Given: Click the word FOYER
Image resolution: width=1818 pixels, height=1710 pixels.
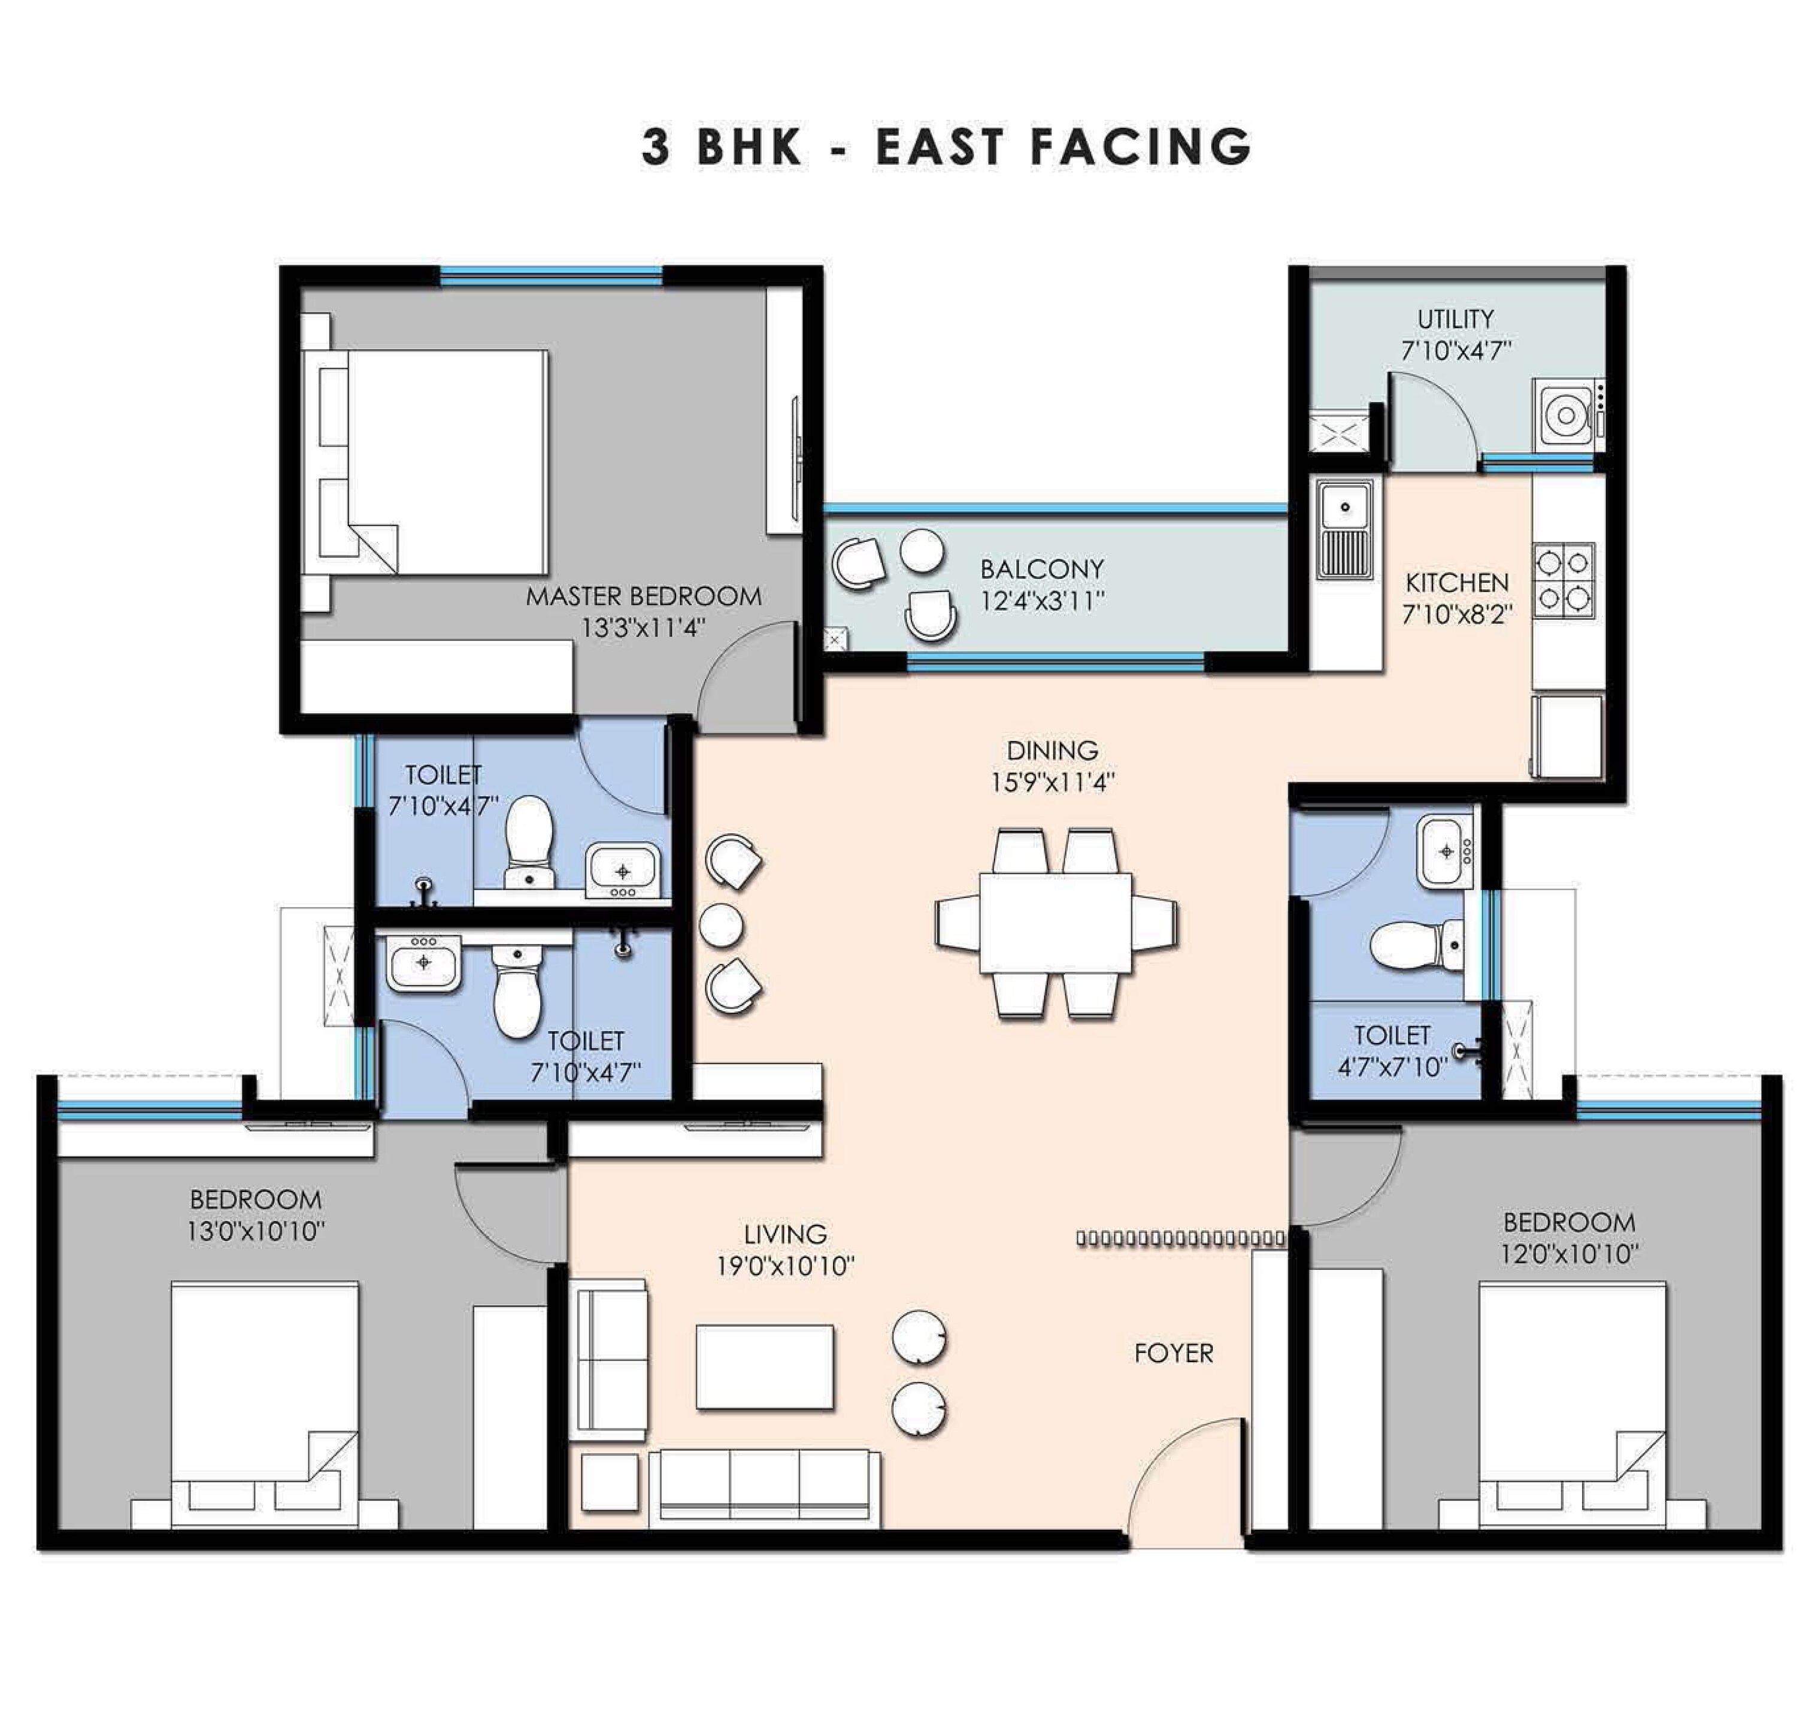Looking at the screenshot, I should pyautogui.click(x=1173, y=1353).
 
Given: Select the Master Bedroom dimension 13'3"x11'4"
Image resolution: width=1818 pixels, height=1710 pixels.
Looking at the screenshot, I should pyautogui.click(x=643, y=628).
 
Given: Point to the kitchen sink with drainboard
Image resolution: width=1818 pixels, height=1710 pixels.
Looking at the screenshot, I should pyautogui.click(x=1344, y=531).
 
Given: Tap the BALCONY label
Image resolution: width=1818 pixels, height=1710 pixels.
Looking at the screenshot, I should pyautogui.click(x=1041, y=569).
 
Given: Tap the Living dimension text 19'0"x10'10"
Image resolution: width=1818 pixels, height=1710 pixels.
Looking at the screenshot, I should pyautogui.click(x=784, y=1266).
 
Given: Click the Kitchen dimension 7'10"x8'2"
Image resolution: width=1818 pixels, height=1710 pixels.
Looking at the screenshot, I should pyautogui.click(x=1457, y=614).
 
